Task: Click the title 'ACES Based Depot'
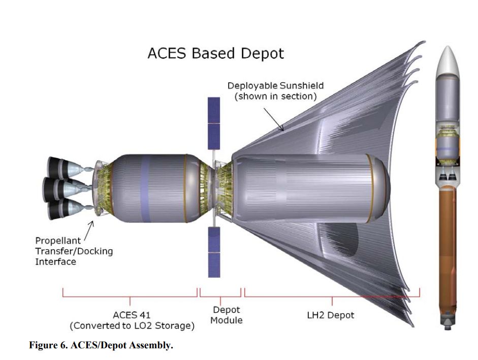click(215, 53)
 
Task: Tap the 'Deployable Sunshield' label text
click(275, 86)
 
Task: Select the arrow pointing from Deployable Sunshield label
click(274, 119)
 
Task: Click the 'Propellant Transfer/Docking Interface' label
click(74, 251)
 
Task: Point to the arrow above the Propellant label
click(89, 231)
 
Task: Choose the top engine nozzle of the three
click(63, 168)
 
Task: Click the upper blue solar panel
click(214, 123)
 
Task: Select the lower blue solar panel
click(214, 252)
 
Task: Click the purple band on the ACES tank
click(145, 188)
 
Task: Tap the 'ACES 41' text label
click(132, 315)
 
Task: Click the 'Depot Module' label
click(226, 315)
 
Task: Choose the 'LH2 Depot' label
click(331, 315)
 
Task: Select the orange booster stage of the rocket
click(448, 253)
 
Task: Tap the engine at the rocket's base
click(448, 324)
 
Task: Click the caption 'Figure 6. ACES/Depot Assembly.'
click(101, 345)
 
